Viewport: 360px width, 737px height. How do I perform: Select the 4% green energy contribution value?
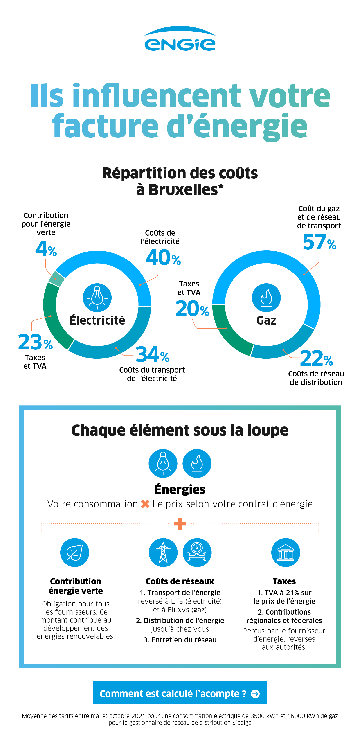(46, 249)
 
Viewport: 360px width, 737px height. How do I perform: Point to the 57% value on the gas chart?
(319, 242)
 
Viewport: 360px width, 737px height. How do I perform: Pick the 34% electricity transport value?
(152, 355)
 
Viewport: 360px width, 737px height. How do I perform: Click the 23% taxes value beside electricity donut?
(35, 342)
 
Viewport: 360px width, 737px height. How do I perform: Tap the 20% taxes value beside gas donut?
(192, 309)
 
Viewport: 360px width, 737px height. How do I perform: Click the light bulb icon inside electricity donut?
(97, 297)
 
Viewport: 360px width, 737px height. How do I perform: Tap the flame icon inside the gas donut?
(266, 297)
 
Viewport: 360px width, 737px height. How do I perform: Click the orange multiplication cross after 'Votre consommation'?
(145, 504)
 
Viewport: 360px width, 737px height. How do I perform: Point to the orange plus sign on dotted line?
(180, 524)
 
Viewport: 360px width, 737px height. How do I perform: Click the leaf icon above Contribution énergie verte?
(75, 552)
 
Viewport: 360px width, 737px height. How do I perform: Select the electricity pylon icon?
(163, 552)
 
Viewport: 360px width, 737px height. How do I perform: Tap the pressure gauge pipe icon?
(197, 552)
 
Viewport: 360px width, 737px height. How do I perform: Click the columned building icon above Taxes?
(285, 552)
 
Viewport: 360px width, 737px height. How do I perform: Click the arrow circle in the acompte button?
(255, 694)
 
